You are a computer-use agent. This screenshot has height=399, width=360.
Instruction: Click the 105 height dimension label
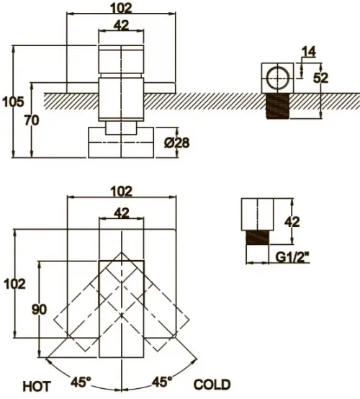13,102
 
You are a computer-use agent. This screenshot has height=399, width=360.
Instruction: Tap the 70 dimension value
32,120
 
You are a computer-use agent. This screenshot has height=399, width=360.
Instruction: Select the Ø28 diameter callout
176,143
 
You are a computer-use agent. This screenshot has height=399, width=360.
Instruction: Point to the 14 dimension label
309,52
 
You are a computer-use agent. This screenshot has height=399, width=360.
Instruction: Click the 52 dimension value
321,78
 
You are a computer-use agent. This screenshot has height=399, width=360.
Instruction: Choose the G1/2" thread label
292,258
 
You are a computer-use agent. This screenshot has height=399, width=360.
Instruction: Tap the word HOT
37,387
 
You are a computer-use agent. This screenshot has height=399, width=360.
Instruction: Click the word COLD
212,385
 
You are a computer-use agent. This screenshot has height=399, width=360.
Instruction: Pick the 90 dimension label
39,310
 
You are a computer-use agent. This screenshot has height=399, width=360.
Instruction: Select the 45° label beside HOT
81,382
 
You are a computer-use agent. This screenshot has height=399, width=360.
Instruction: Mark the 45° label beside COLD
162,382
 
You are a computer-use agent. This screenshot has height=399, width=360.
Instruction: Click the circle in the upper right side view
278,78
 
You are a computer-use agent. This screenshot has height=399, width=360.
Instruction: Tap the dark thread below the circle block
277,106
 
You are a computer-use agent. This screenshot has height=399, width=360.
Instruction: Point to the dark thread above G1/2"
257,238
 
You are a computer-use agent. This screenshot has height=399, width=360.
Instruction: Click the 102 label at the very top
121,8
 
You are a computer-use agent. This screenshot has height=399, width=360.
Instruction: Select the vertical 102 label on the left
14,284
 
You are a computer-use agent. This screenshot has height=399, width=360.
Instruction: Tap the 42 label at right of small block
292,222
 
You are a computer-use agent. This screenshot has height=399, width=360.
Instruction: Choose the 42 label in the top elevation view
121,25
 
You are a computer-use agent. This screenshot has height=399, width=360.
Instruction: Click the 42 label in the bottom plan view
121,213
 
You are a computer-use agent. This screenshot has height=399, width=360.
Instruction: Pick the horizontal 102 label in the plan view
122,192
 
